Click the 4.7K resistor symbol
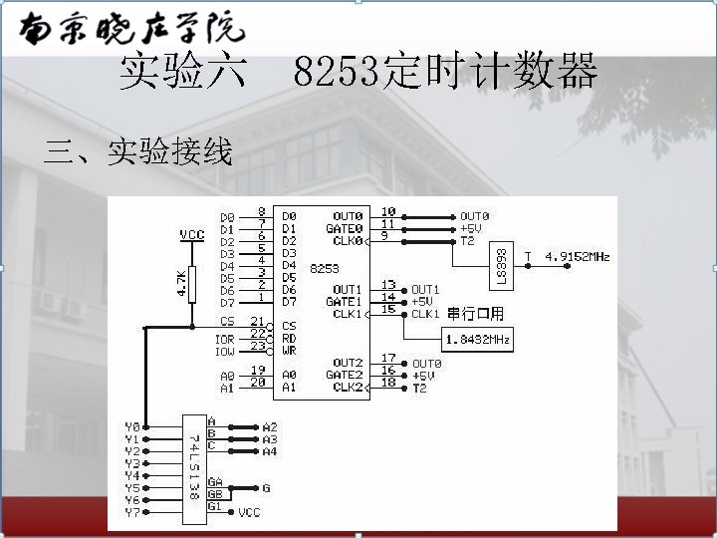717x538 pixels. [193, 283]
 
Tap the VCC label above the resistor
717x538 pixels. [192, 235]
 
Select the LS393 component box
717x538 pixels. [501, 264]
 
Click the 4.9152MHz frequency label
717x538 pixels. [577, 257]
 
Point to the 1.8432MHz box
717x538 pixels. [477, 341]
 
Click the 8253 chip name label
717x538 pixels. [325, 268]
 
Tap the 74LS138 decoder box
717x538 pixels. [193, 466]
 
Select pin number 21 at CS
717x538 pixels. [259, 322]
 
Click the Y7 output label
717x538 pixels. [132, 512]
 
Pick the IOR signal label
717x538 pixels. [225, 339]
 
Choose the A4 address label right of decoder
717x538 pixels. [270, 451]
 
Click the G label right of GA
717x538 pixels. [266, 488]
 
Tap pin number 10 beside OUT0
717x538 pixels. [388, 211]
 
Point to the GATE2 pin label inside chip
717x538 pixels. [344, 376]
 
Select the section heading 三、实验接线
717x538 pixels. [138, 152]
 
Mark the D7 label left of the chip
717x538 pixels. [227, 302]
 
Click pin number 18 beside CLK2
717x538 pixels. [388, 382]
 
